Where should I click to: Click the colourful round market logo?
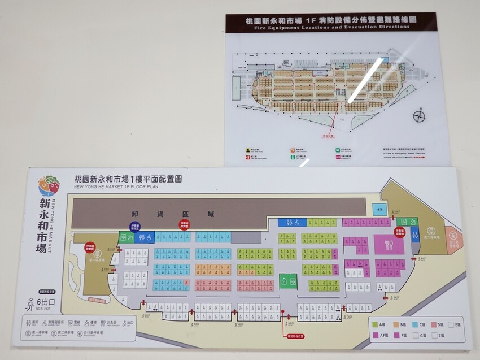click(49, 186)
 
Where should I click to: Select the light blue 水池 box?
click(380, 210)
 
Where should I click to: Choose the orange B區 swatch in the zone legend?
click(394, 324)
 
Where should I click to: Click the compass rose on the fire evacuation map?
click(419, 116)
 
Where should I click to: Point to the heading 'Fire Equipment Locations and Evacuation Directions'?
click(330, 27)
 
